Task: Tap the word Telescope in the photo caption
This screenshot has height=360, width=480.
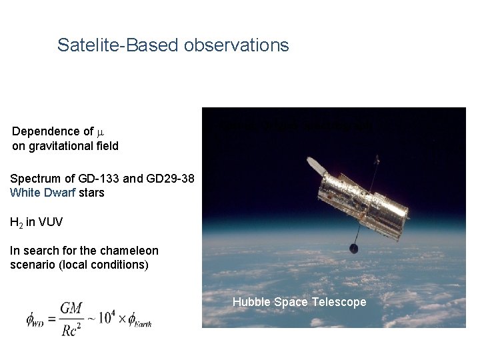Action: coord(339,302)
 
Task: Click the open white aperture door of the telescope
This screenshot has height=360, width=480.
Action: coord(313,164)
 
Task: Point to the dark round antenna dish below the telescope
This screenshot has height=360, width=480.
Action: coord(353,249)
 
